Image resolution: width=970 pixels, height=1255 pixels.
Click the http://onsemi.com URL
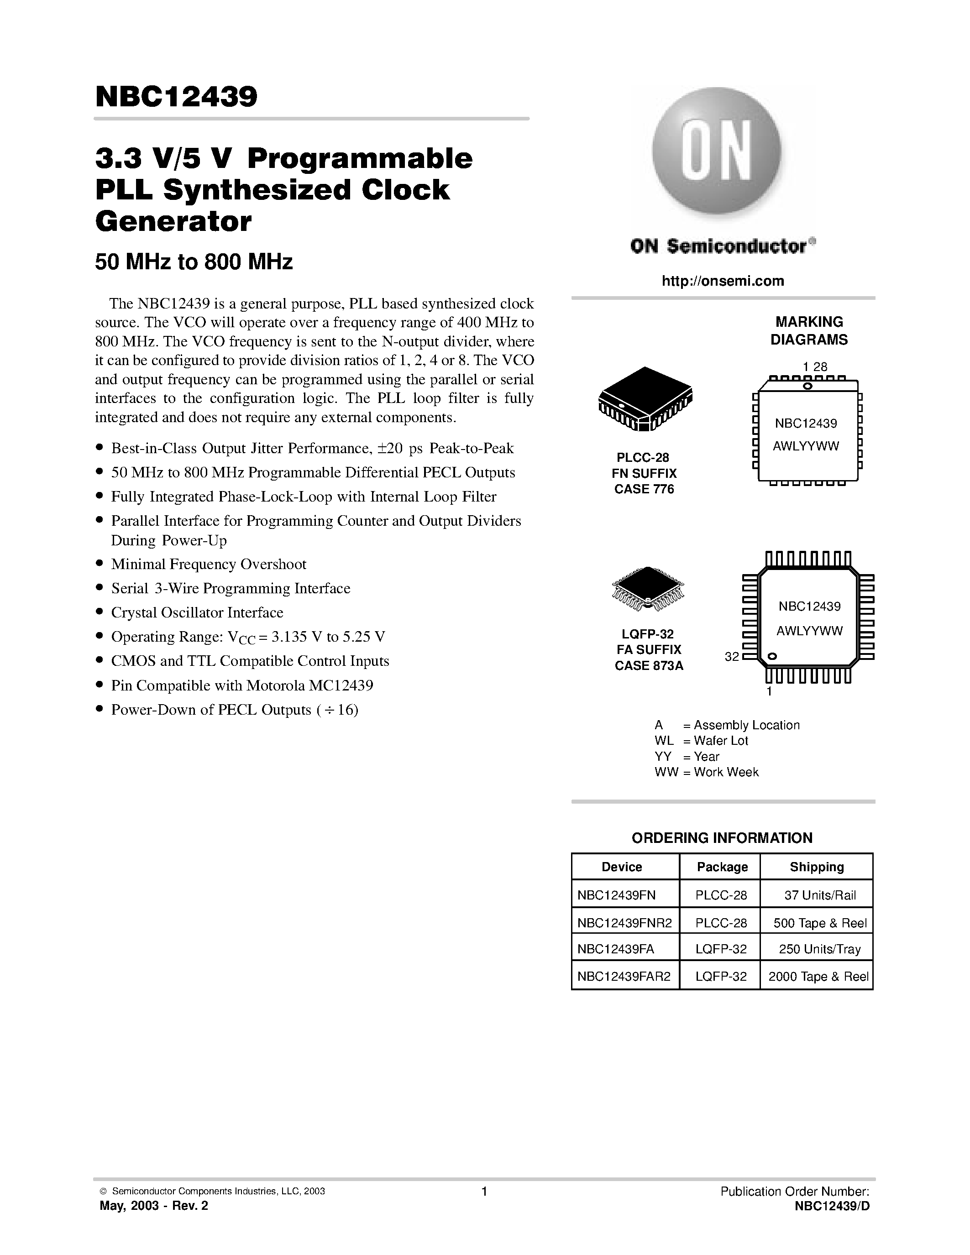[722, 281]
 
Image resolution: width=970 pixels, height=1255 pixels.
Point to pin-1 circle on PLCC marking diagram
[807, 386]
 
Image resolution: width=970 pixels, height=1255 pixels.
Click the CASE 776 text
[644, 489]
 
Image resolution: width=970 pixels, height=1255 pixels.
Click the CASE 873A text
[649, 666]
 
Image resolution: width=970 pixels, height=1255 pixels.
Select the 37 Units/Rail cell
[816, 895]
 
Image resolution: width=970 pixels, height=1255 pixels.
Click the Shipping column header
[816, 867]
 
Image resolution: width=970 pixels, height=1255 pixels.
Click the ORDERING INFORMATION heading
[722, 838]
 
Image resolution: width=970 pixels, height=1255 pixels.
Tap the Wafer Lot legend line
[701, 741]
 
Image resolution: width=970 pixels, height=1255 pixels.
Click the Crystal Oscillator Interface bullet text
[197, 612]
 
